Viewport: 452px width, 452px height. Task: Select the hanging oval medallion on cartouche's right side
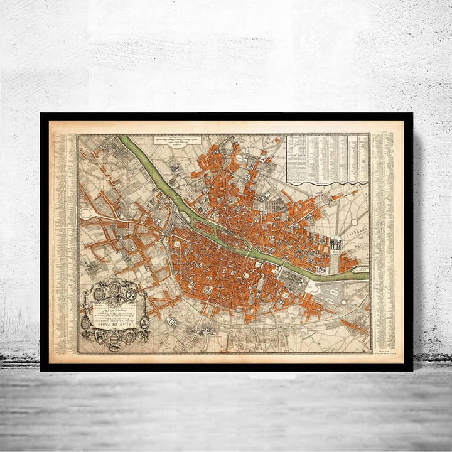click(x=144, y=322)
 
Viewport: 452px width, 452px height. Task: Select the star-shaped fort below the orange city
click(x=171, y=321)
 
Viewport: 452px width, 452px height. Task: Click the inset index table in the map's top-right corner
click(x=327, y=158)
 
